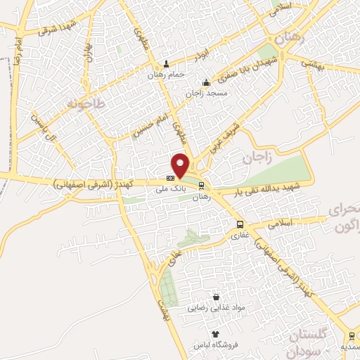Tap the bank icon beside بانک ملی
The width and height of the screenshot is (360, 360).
click(170, 178)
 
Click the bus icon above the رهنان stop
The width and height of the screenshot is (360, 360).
click(202, 186)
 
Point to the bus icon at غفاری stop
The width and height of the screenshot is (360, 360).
click(240, 225)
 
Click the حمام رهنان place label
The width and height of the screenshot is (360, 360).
click(167, 74)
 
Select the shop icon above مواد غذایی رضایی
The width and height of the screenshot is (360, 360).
click(216, 297)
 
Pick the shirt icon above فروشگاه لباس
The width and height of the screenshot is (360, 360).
click(216, 334)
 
